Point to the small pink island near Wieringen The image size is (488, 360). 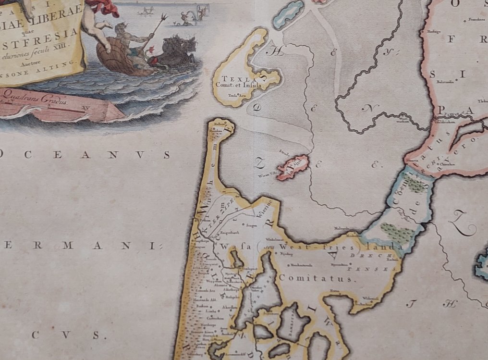coord(291,166)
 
